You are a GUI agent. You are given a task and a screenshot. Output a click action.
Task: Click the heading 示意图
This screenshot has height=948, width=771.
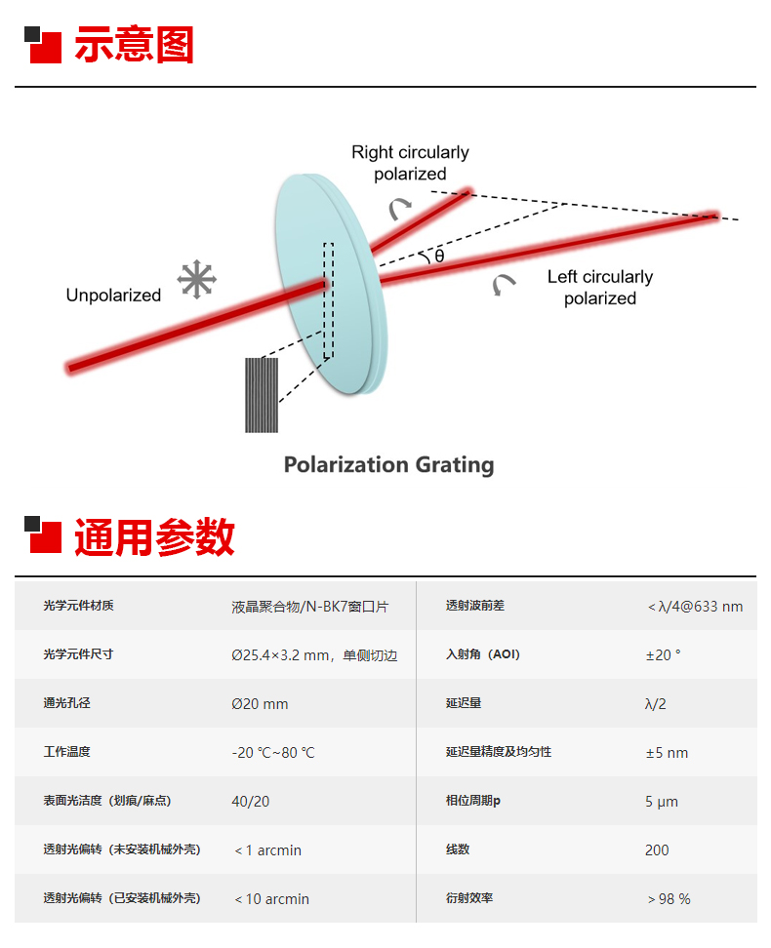(x=134, y=46)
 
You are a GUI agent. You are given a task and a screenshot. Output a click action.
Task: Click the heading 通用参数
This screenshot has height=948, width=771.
(x=154, y=537)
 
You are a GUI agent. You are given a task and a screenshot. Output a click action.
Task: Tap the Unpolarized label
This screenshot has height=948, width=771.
(x=113, y=296)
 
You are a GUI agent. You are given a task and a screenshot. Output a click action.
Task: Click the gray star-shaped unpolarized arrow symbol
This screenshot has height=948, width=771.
(x=196, y=280)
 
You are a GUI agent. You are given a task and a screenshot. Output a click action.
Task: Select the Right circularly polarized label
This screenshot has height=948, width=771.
(x=410, y=163)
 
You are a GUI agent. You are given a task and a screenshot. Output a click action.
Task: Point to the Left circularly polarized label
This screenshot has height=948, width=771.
(x=599, y=288)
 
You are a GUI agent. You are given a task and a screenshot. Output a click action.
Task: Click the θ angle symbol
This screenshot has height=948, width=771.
(x=439, y=256)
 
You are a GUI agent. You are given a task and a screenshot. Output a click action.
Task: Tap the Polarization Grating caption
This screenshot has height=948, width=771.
(x=388, y=464)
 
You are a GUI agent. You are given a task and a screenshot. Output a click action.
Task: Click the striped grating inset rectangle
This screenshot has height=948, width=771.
(x=262, y=395)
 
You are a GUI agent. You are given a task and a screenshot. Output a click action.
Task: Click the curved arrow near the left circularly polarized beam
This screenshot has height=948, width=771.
(x=504, y=284)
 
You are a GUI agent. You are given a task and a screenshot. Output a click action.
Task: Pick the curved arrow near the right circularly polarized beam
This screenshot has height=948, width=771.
(x=399, y=207)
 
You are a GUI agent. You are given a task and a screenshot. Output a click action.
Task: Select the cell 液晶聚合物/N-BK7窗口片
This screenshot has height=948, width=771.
(x=309, y=606)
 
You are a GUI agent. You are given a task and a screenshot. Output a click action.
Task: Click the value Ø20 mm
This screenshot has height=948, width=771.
(x=260, y=703)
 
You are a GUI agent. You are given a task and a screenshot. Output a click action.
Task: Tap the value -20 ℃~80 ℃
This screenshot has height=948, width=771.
(x=273, y=752)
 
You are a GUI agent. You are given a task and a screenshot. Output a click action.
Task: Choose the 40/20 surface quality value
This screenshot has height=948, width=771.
(x=251, y=801)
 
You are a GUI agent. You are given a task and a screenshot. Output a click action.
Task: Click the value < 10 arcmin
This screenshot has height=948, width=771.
(x=271, y=898)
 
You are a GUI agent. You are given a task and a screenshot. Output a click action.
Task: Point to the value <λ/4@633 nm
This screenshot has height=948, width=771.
(x=695, y=606)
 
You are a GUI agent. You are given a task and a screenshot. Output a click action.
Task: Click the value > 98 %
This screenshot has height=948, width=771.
(x=669, y=898)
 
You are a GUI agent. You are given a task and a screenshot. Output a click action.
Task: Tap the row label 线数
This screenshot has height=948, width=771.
(x=458, y=849)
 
